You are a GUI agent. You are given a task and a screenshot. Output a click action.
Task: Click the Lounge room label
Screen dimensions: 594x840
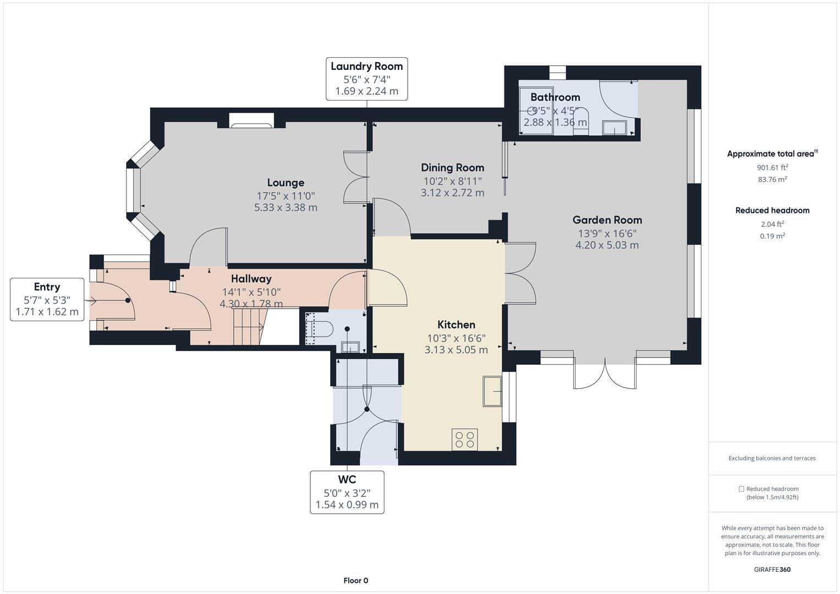click(x=286, y=183)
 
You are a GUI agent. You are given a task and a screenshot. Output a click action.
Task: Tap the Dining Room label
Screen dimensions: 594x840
click(x=452, y=168)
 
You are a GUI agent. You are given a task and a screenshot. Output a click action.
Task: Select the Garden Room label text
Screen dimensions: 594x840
click(x=607, y=220)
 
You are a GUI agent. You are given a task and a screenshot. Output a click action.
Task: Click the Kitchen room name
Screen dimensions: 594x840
click(x=456, y=324)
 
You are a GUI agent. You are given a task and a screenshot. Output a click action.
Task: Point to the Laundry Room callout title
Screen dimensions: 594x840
click(x=366, y=67)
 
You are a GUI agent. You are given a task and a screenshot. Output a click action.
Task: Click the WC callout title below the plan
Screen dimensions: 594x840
click(x=347, y=480)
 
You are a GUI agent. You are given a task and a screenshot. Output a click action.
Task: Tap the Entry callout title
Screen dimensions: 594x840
click(x=47, y=287)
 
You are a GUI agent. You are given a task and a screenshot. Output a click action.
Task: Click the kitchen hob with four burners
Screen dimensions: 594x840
click(x=464, y=439)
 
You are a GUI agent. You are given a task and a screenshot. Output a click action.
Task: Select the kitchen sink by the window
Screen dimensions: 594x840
click(x=492, y=392)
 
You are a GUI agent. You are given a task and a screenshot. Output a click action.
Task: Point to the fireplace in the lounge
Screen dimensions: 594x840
click(x=251, y=120)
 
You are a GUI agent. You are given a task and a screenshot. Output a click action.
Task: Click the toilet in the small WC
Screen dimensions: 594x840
click(x=321, y=329)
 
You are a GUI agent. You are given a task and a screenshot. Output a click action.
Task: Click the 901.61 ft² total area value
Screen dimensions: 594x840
click(x=772, y=167)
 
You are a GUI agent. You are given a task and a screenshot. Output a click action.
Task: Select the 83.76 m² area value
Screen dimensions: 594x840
click(x=772, y=179)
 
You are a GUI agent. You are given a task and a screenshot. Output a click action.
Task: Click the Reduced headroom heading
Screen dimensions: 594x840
click(x=772, y=211)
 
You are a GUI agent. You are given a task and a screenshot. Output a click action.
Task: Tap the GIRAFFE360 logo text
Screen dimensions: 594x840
click(x=772, y=569)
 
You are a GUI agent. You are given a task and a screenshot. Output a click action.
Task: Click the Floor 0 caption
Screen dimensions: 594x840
click(x=356, y=580)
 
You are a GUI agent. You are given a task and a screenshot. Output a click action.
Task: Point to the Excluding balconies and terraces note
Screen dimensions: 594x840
click(x=772, y=458)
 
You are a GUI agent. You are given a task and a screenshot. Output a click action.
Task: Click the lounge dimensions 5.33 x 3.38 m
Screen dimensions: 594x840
click(x=286, y=208)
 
